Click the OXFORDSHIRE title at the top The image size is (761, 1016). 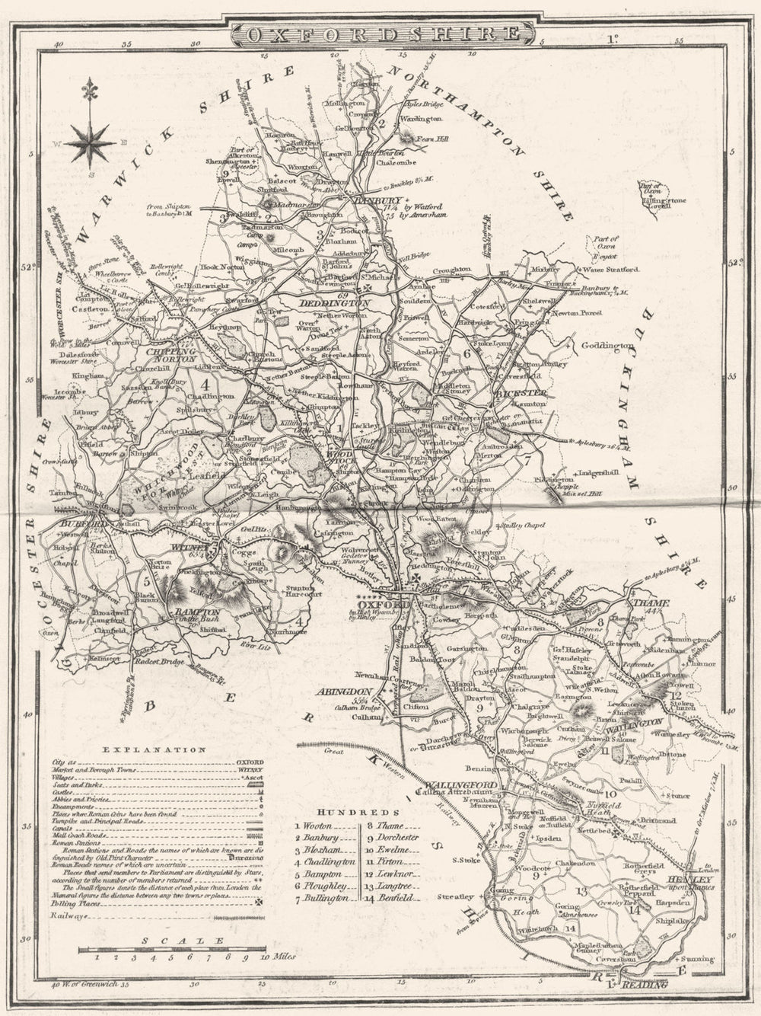click(378, 34)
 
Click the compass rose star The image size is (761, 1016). click(90, 142)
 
